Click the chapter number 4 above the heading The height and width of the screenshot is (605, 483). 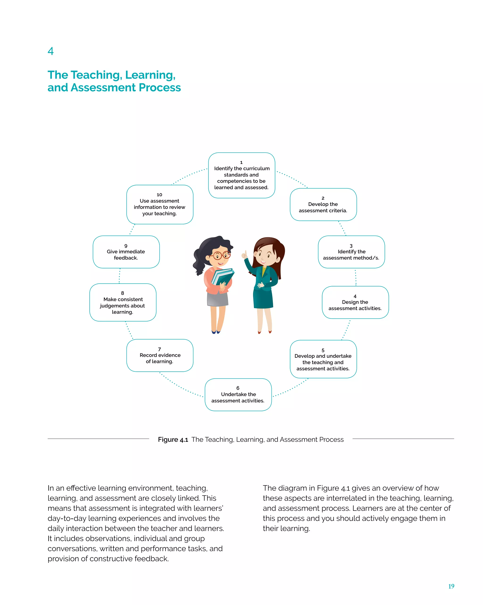coord(50,51)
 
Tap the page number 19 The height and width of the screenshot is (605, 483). coord(451,586)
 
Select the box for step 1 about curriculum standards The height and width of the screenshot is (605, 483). coord(241,175)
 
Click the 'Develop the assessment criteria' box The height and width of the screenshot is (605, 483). coord(323,205)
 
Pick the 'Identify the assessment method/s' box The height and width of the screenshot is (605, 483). coord(351,252)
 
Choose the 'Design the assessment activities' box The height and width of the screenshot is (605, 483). coord(355,302)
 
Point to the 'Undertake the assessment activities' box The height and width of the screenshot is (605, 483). coord(238,395)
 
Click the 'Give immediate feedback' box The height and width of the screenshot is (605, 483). coord(126,252)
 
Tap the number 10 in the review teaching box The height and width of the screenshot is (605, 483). coord(159,195)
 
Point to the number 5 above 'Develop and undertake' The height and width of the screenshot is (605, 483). coord(323,350)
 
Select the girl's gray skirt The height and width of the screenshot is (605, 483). coord(217,299)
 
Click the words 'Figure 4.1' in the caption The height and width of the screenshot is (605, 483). coord(173,440)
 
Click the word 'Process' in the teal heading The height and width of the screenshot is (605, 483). coord(160,88)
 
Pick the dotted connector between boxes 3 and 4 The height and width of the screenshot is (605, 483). coord(355,277)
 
